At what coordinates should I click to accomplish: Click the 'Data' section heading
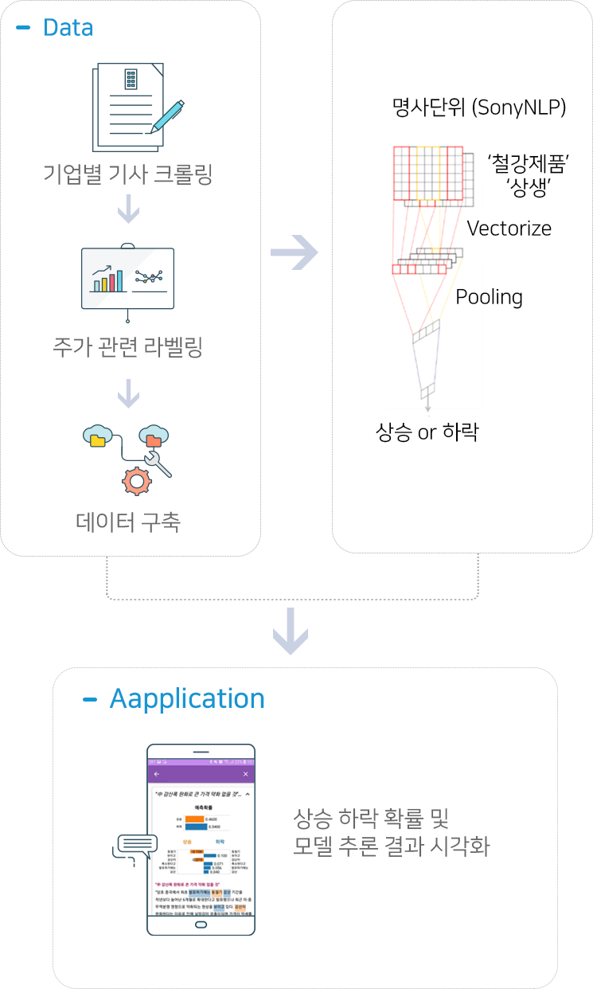tap(68, 28)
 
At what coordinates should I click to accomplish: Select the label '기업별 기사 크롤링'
tap(128, 174)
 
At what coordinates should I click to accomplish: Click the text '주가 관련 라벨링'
tap(128, 347)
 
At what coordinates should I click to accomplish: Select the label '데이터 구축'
tap(128, 522)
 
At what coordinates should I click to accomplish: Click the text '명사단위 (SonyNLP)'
tap(479, 108)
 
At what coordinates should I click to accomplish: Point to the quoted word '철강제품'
tap(532, 165)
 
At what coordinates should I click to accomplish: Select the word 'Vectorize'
tap(509, 229)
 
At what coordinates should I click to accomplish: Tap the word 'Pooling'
tap(489, 297)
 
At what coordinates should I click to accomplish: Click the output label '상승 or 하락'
tap(427, 432)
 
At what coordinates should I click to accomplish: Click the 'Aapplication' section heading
tap(187, 698)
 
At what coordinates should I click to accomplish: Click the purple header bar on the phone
tap(201, 774)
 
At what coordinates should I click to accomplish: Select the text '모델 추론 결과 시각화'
tap(390, 846)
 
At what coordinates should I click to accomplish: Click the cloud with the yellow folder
tap(98, 436)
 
